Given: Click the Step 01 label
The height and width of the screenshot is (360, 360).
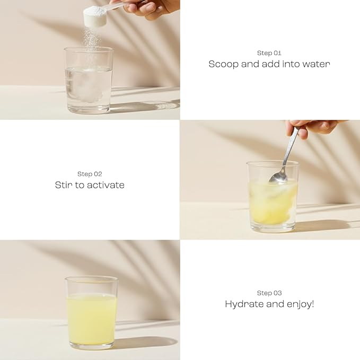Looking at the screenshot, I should point(269,53).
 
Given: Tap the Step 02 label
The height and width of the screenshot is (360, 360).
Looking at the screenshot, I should point(90,174).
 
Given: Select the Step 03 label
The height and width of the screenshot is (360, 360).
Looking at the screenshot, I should point(269,293).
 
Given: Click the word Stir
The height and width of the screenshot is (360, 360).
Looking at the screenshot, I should point(64,185).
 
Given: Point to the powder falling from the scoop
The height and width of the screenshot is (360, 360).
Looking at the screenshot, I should point(92,40).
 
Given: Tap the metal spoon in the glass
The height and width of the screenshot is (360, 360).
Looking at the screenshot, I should point(284,159).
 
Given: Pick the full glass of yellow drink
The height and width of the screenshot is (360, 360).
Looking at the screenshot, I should point(91,313).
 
